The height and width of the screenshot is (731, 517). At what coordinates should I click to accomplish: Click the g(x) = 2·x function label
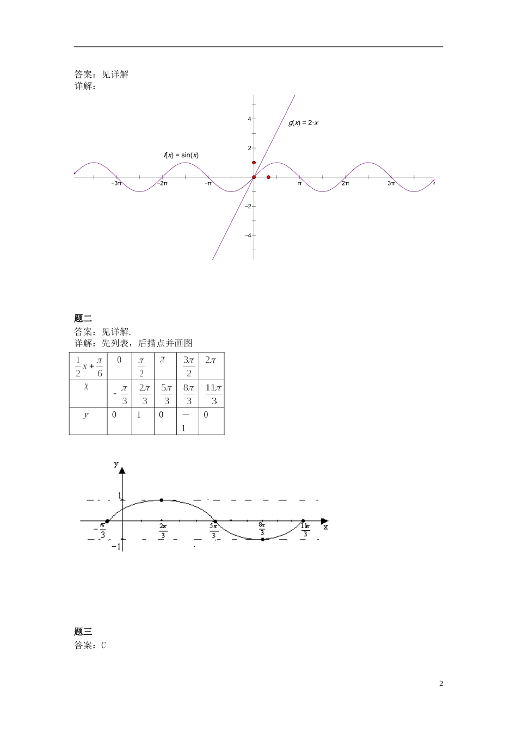pyautogui.click(x=303, y=123)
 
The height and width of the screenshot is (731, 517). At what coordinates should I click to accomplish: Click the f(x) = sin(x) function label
pyautogui.click(x=181, y=155)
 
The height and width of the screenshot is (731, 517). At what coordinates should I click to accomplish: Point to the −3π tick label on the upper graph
pyautogui.click(x=116, y=184)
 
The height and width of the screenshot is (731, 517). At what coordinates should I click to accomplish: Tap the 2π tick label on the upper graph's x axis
pyautogui.click(x=345, y=184)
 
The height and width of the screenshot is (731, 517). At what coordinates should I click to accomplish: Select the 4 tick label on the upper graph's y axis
pyautogui.click(x=249, y=119)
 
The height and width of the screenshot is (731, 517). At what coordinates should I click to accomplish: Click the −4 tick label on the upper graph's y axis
pyautogui.click(x=248, y=236)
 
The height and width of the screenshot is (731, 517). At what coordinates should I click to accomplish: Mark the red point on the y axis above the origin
pyautogui.click(x=254, y=163)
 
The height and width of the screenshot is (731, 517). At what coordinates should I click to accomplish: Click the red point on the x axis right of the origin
pyautogui.click(x=268, y=177)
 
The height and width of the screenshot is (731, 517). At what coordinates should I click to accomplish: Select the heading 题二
pyautogui.click(x=83, y=319)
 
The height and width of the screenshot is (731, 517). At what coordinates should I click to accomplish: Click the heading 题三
pyautogui.click(x=83, y=632)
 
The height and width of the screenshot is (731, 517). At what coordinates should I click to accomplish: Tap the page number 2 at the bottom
pyautogui.click(x=441, y=684)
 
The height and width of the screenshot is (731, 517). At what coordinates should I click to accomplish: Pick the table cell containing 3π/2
pyautogui.click(x=188, y=366)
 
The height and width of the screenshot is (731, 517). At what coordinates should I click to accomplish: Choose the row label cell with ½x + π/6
pyautogui.click(x=88, y=366)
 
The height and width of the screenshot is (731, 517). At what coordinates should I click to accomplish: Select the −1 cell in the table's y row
pyautogui.click(x=184, y=421)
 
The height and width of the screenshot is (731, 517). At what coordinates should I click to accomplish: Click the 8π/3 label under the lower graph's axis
pyautogui.click(x=262, y=530)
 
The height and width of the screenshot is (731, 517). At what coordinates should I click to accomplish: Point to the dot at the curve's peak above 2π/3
pyautogui.click(x=162, y=500)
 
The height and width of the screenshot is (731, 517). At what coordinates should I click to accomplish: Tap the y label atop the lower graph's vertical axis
pyautogui.click(x=115, y=463)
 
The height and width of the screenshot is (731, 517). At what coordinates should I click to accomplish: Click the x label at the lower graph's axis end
pyautogui.click(x=325, y=526)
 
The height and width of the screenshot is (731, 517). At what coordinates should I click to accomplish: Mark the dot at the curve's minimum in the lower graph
pyautogui.click(x=262, y=539)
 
